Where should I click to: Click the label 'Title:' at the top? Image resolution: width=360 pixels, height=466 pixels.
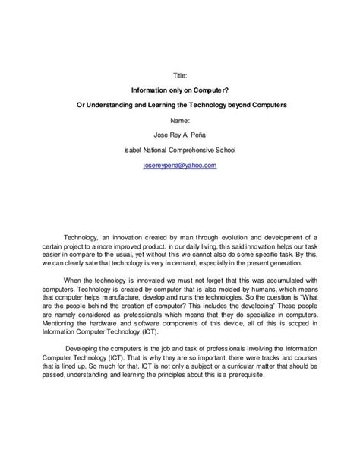coord(179,77)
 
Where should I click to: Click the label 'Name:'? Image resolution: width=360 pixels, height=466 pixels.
coord(179,120)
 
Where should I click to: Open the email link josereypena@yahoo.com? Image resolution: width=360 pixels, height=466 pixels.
coord(179,165)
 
